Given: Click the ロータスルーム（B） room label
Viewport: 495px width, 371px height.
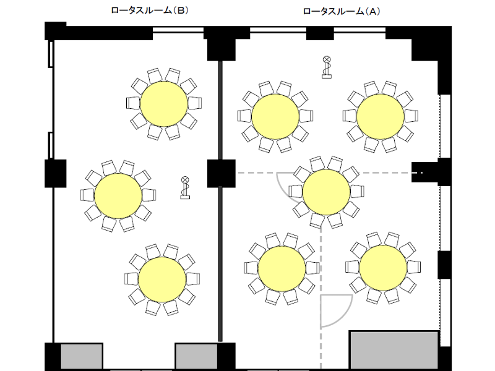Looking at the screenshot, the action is pyautogui.click(x=150, y=11).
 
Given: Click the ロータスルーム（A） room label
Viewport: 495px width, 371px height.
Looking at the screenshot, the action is pyautogui.click(x=342, y=11).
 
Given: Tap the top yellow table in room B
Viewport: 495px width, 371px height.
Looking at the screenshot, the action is pyautogui.click(x=164, y=104).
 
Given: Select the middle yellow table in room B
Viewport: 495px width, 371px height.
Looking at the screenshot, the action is pyautogui.click(x=118, y=195).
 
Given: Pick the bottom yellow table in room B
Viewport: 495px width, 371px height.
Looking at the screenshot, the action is pyautogui.click(x=162, y=279).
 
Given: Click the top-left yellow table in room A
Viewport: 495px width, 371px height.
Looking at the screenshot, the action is pyautogui.click(x=275, y=116).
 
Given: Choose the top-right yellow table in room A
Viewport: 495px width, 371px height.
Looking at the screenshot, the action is pyautogui.click(x=381, y=116).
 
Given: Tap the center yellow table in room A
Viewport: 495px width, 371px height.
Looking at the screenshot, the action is pyautogui.click(x=326, y=192).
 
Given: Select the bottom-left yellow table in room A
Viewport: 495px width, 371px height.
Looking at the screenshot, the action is pyautogui.click(x=282, y=269).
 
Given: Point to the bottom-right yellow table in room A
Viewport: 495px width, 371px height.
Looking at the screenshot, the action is pyautogui.click(x=383, y=268).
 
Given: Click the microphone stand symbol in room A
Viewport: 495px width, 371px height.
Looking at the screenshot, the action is pyautogui.click(x=327, y=67).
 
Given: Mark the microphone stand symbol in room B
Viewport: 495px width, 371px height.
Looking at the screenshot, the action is pyautogui.click(x=185, y=188).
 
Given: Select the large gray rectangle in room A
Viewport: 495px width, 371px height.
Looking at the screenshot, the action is pyautogui.click(x=394, y=351).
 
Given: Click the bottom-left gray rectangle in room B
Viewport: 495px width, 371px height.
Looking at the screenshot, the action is pyautogui.click(x=82, y=357).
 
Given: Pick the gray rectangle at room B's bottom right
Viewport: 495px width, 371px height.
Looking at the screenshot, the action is pyautogui.click(x=197, y=357).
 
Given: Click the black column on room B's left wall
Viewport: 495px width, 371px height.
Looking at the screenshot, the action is pyautogui.click(x=56, y=174).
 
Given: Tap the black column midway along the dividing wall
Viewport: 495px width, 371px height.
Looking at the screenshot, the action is pyautogui.click(x=222, y=174).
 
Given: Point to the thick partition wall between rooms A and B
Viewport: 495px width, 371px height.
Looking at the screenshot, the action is pyautogui.click(x=220, y=202).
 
